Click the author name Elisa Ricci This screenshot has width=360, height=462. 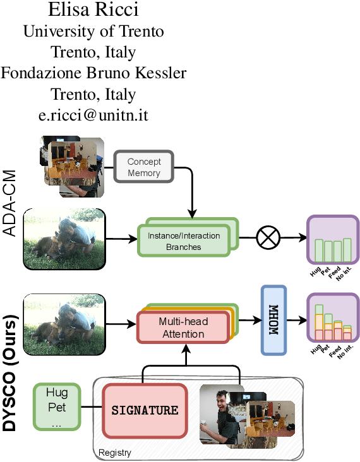tap(93, 10)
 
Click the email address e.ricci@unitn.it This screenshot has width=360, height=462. tap(93, 116)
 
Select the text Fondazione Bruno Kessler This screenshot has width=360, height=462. tap(93, 73)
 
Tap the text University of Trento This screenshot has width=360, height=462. tap(93, 31)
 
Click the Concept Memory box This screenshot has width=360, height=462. tap(144, 167)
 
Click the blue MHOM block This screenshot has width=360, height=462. tap(273, 319)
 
